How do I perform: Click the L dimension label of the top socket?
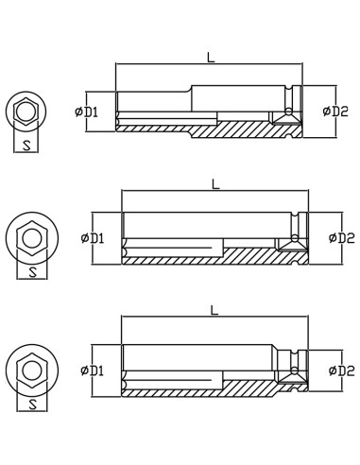click(x=211, y=57)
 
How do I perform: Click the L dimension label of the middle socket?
click(x=215, y=183)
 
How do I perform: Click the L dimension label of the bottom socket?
click(x=214, y=310)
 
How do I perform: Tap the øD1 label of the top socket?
click(x=87, y=112)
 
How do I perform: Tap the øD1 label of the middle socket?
click(x=93, y=237)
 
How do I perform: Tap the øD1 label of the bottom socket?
click(x=93, y=370)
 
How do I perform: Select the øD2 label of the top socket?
click(x=335, y=112)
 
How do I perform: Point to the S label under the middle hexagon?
click(x=33, y=271)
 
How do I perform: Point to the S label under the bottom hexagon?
click(x=33, y=404)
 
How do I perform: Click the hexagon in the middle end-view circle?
click(x=32, y=236)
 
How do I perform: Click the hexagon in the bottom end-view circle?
click(x=32, y=368)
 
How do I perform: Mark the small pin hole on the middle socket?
click(x=295, y=237)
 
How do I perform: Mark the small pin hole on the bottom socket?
click(x=295, y=370)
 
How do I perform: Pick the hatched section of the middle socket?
click(x=255, y=255)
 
